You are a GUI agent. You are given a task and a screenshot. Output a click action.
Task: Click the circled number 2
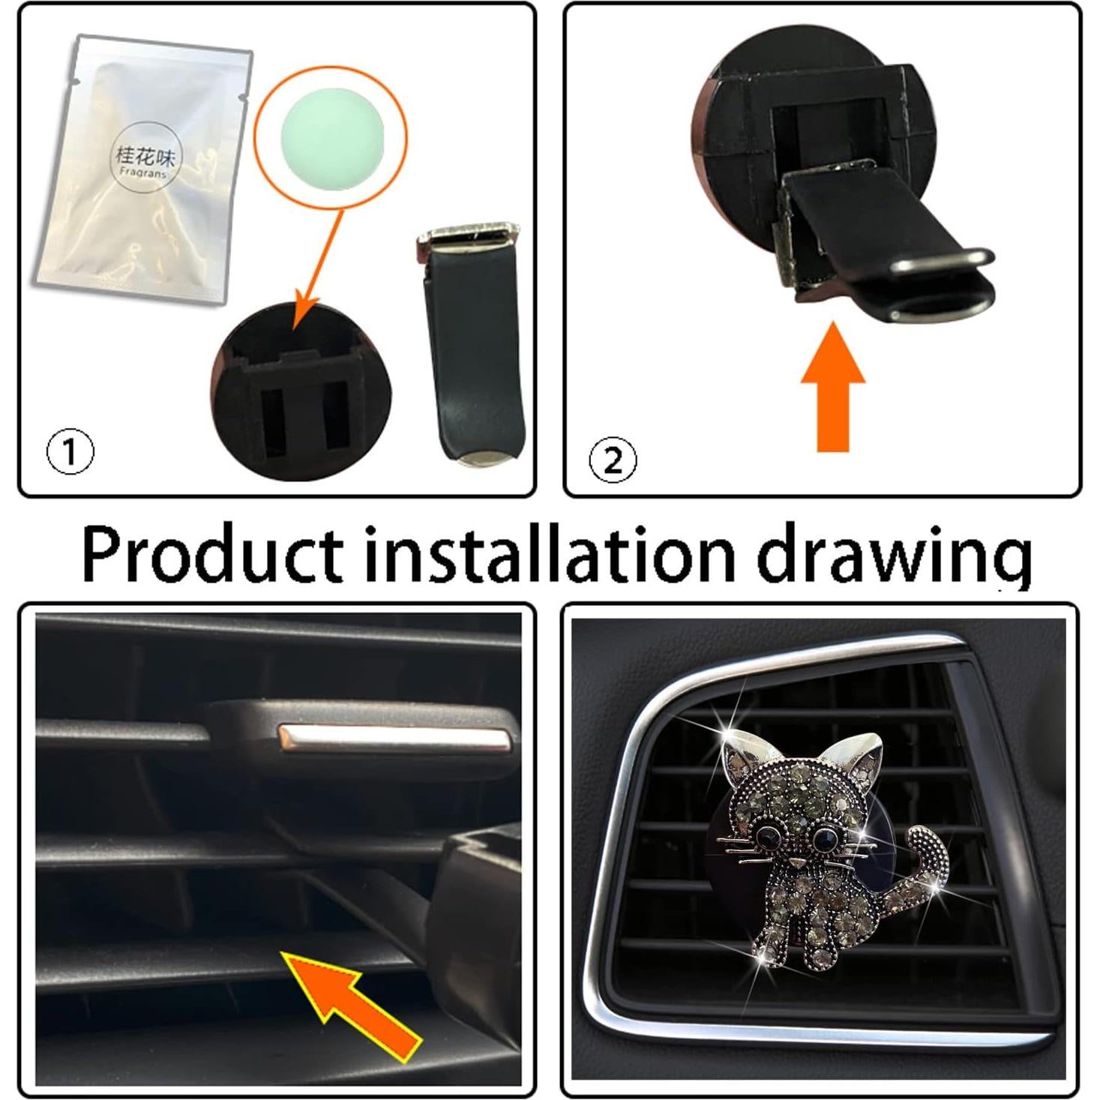[x=613, y=460]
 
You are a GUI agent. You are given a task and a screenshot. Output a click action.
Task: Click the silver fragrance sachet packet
[x=142, y=172]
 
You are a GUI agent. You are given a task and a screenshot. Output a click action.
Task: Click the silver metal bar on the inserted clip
[x=394, y=738]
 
